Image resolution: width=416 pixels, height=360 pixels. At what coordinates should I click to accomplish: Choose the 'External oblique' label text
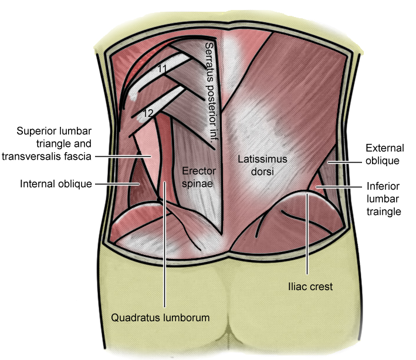click(382, 154)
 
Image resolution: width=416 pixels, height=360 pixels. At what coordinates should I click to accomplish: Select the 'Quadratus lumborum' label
click(160, 318)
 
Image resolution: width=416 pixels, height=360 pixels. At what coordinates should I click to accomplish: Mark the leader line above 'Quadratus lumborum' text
click(165, 247)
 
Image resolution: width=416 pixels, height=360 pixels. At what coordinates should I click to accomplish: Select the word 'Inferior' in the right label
click(383, 186)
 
